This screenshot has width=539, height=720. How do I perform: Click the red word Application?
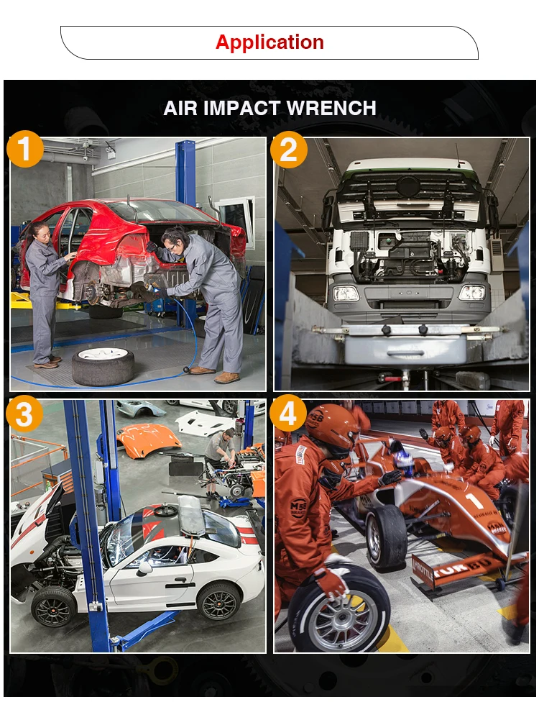(x=269, y=42)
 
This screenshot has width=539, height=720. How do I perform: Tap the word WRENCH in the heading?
(x=331, y=109)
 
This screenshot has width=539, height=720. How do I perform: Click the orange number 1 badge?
(x=25, y=149)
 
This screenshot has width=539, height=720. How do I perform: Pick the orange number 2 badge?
(x=288, y=150)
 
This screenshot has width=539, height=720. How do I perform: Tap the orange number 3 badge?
(x=24, y=414)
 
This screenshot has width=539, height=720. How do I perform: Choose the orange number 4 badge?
(x=287, y=414)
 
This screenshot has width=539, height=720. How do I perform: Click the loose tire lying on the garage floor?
(x=103, y=365)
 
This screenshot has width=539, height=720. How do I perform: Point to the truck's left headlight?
(x=346, y=293)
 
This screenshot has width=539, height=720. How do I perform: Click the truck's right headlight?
(x=472, y=293)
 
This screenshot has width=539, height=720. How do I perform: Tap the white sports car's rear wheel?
(x=218, y=601)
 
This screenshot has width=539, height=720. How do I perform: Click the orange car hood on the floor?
(x=149, y=439)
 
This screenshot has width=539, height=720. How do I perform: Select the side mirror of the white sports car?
(x=145, y=568)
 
